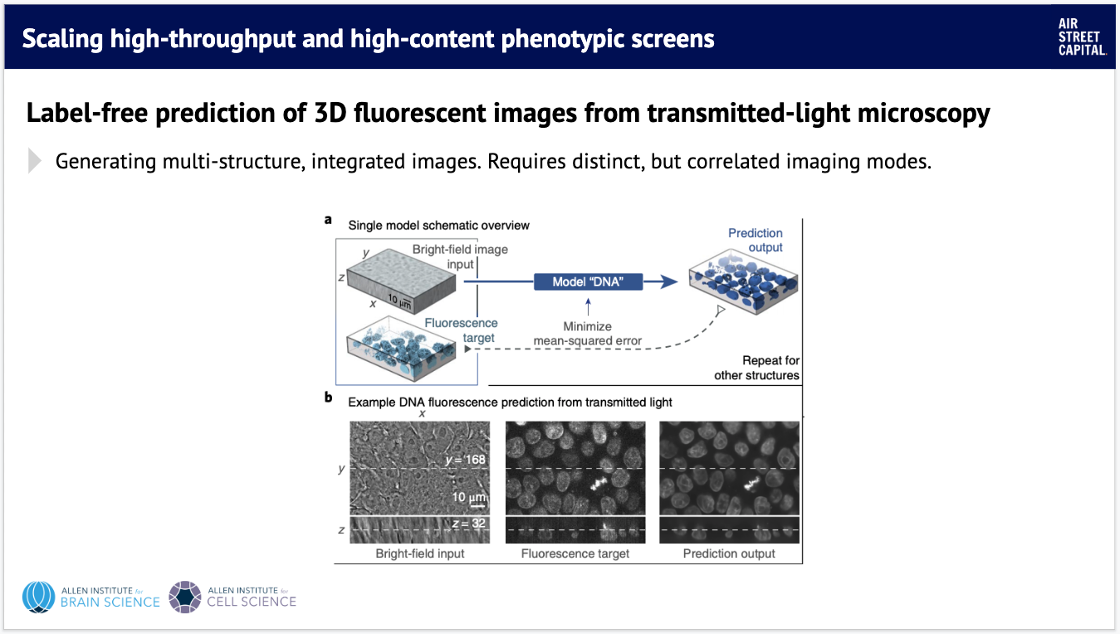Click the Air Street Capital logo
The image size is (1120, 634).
tap(1082, 37)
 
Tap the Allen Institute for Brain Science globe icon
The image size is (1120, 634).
tap(38, 597)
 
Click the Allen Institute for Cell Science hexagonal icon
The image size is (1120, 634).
tap(185, 597)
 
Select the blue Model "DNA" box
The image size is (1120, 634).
tap(588, 282)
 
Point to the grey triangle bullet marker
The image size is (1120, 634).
tap(34, 161)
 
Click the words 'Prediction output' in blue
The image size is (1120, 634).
tap(756, 240)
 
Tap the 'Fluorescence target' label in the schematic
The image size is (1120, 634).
tap(461, 330)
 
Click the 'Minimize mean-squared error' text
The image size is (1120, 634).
tap(588, 334)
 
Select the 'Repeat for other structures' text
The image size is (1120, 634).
tap(756, 368)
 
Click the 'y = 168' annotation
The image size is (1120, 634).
tap(465, 459)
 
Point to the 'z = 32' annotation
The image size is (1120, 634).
tap(468, 523)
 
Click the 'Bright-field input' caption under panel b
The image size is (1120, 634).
tap(420, 554)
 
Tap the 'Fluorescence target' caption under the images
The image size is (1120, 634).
tap(575, 554)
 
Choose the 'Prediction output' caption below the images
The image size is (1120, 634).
tap(729, 554)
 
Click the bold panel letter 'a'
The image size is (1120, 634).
tap(328, 220)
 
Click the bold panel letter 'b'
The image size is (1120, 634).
tap(328, 397)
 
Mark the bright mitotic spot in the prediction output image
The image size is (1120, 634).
tap(751, 483)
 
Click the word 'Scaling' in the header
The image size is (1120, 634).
tap(62, 39)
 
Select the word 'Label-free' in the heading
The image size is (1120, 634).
tap(87, 112)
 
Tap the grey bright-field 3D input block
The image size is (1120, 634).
tap(401, 280)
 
